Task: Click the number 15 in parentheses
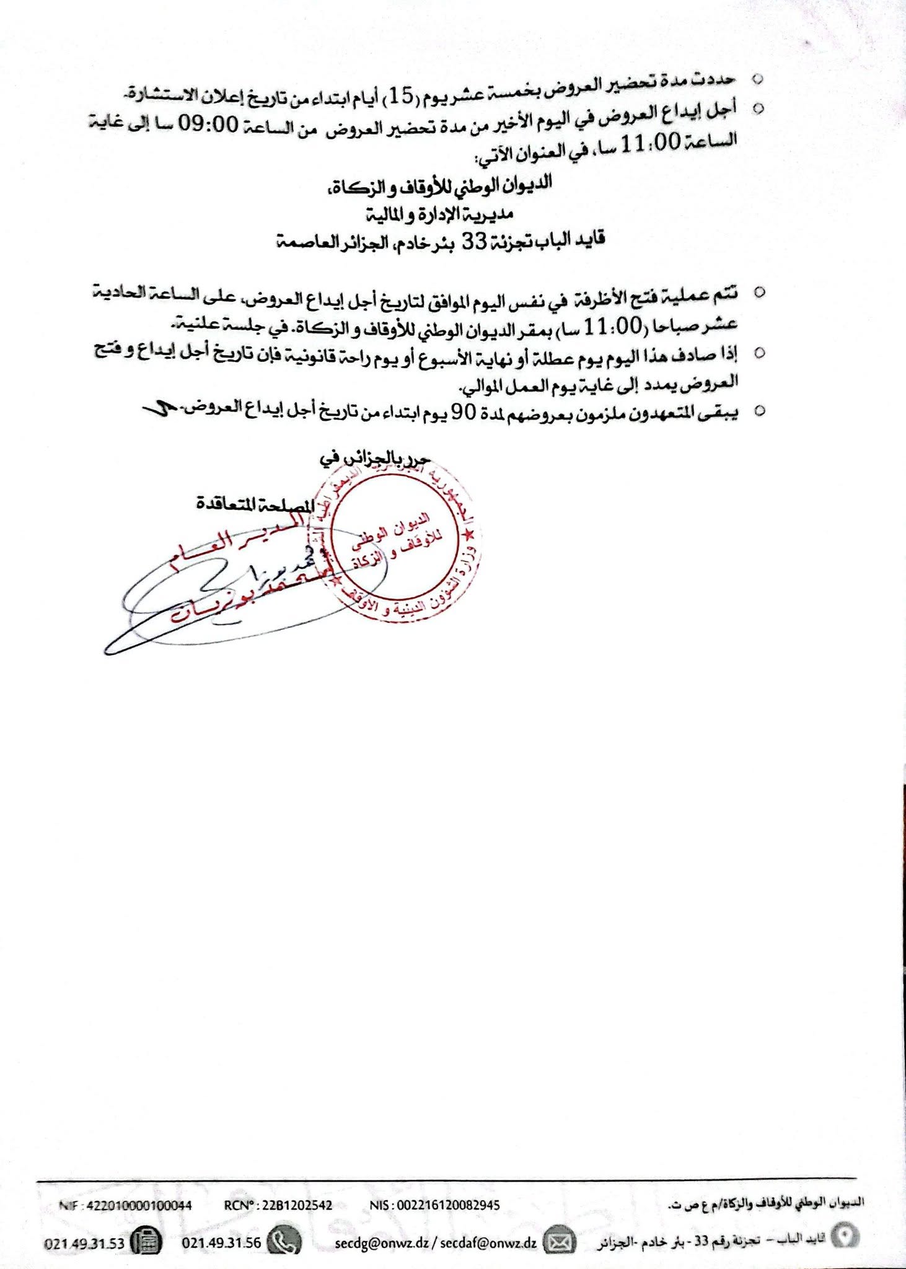(x=400, y=96)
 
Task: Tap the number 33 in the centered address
(x=475, y=241)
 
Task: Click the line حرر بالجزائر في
(x=375, y=459)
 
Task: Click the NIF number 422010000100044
(x=139, y=1205)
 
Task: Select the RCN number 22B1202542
(x=297, y=1205)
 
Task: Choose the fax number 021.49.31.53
(x=84, y=1243)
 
